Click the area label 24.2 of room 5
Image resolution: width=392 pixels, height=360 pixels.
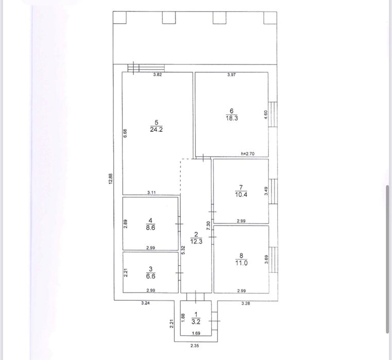[156, 129]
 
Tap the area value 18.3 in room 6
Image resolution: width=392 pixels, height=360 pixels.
[232, 118]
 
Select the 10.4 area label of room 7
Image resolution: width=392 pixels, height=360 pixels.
[241, 194]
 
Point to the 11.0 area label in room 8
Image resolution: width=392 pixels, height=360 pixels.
[241, 263]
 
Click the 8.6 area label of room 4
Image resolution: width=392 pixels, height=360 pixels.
[150, 228]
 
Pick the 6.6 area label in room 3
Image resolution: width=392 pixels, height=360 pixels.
[150, 276]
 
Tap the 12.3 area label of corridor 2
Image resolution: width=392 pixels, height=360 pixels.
[196, 242]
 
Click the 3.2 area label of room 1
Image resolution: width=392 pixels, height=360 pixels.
[196, 321]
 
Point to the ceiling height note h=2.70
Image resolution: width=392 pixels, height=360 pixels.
[247, 154]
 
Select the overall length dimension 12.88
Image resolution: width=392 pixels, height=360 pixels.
[111, 179]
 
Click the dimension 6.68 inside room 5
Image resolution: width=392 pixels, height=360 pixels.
[125, 133]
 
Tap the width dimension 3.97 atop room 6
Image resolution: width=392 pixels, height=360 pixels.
[231, 75]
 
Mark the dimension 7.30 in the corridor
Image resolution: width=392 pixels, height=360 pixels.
[208, 226]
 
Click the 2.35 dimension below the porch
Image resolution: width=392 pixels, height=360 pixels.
[195, 346]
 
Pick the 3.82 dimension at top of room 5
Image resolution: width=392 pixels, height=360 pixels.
[158, 74]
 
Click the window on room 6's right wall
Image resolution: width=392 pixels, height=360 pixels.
[272, 114]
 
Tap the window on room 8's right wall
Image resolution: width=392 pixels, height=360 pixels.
[273, 260]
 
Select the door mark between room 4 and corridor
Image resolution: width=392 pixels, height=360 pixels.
[179, 224]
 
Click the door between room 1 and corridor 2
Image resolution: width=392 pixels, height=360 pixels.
[196, 297]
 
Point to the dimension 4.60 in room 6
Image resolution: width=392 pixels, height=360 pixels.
[266, 115]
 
